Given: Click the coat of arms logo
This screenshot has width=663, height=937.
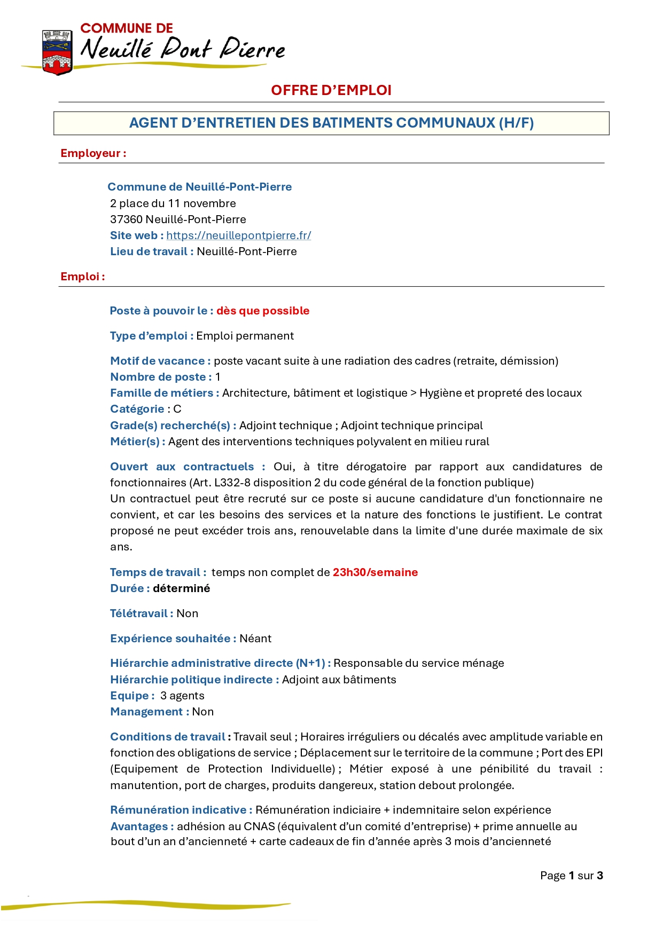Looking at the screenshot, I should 57,52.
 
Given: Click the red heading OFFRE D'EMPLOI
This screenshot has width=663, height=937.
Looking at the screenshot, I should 331,90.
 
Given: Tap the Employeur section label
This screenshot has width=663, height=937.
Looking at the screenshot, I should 93,153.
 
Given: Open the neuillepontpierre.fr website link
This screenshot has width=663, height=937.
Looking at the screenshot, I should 238,235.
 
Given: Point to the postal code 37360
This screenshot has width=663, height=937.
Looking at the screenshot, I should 126,219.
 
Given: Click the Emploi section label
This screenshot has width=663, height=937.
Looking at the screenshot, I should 82,277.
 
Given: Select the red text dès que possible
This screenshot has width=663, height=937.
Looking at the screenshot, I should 262,311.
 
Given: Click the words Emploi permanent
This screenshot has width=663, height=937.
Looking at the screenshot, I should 245,336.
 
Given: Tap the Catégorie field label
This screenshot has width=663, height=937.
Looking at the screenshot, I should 137,409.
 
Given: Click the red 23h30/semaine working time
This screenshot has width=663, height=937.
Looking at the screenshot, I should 375,572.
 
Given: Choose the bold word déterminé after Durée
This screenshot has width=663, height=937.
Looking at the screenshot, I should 181,588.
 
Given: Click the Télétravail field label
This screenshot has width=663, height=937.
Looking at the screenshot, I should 141,613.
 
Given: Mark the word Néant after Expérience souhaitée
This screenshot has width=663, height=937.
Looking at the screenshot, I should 255,639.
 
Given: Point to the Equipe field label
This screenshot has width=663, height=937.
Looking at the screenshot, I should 131,696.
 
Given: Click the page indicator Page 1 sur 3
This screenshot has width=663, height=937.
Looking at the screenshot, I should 571,876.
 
